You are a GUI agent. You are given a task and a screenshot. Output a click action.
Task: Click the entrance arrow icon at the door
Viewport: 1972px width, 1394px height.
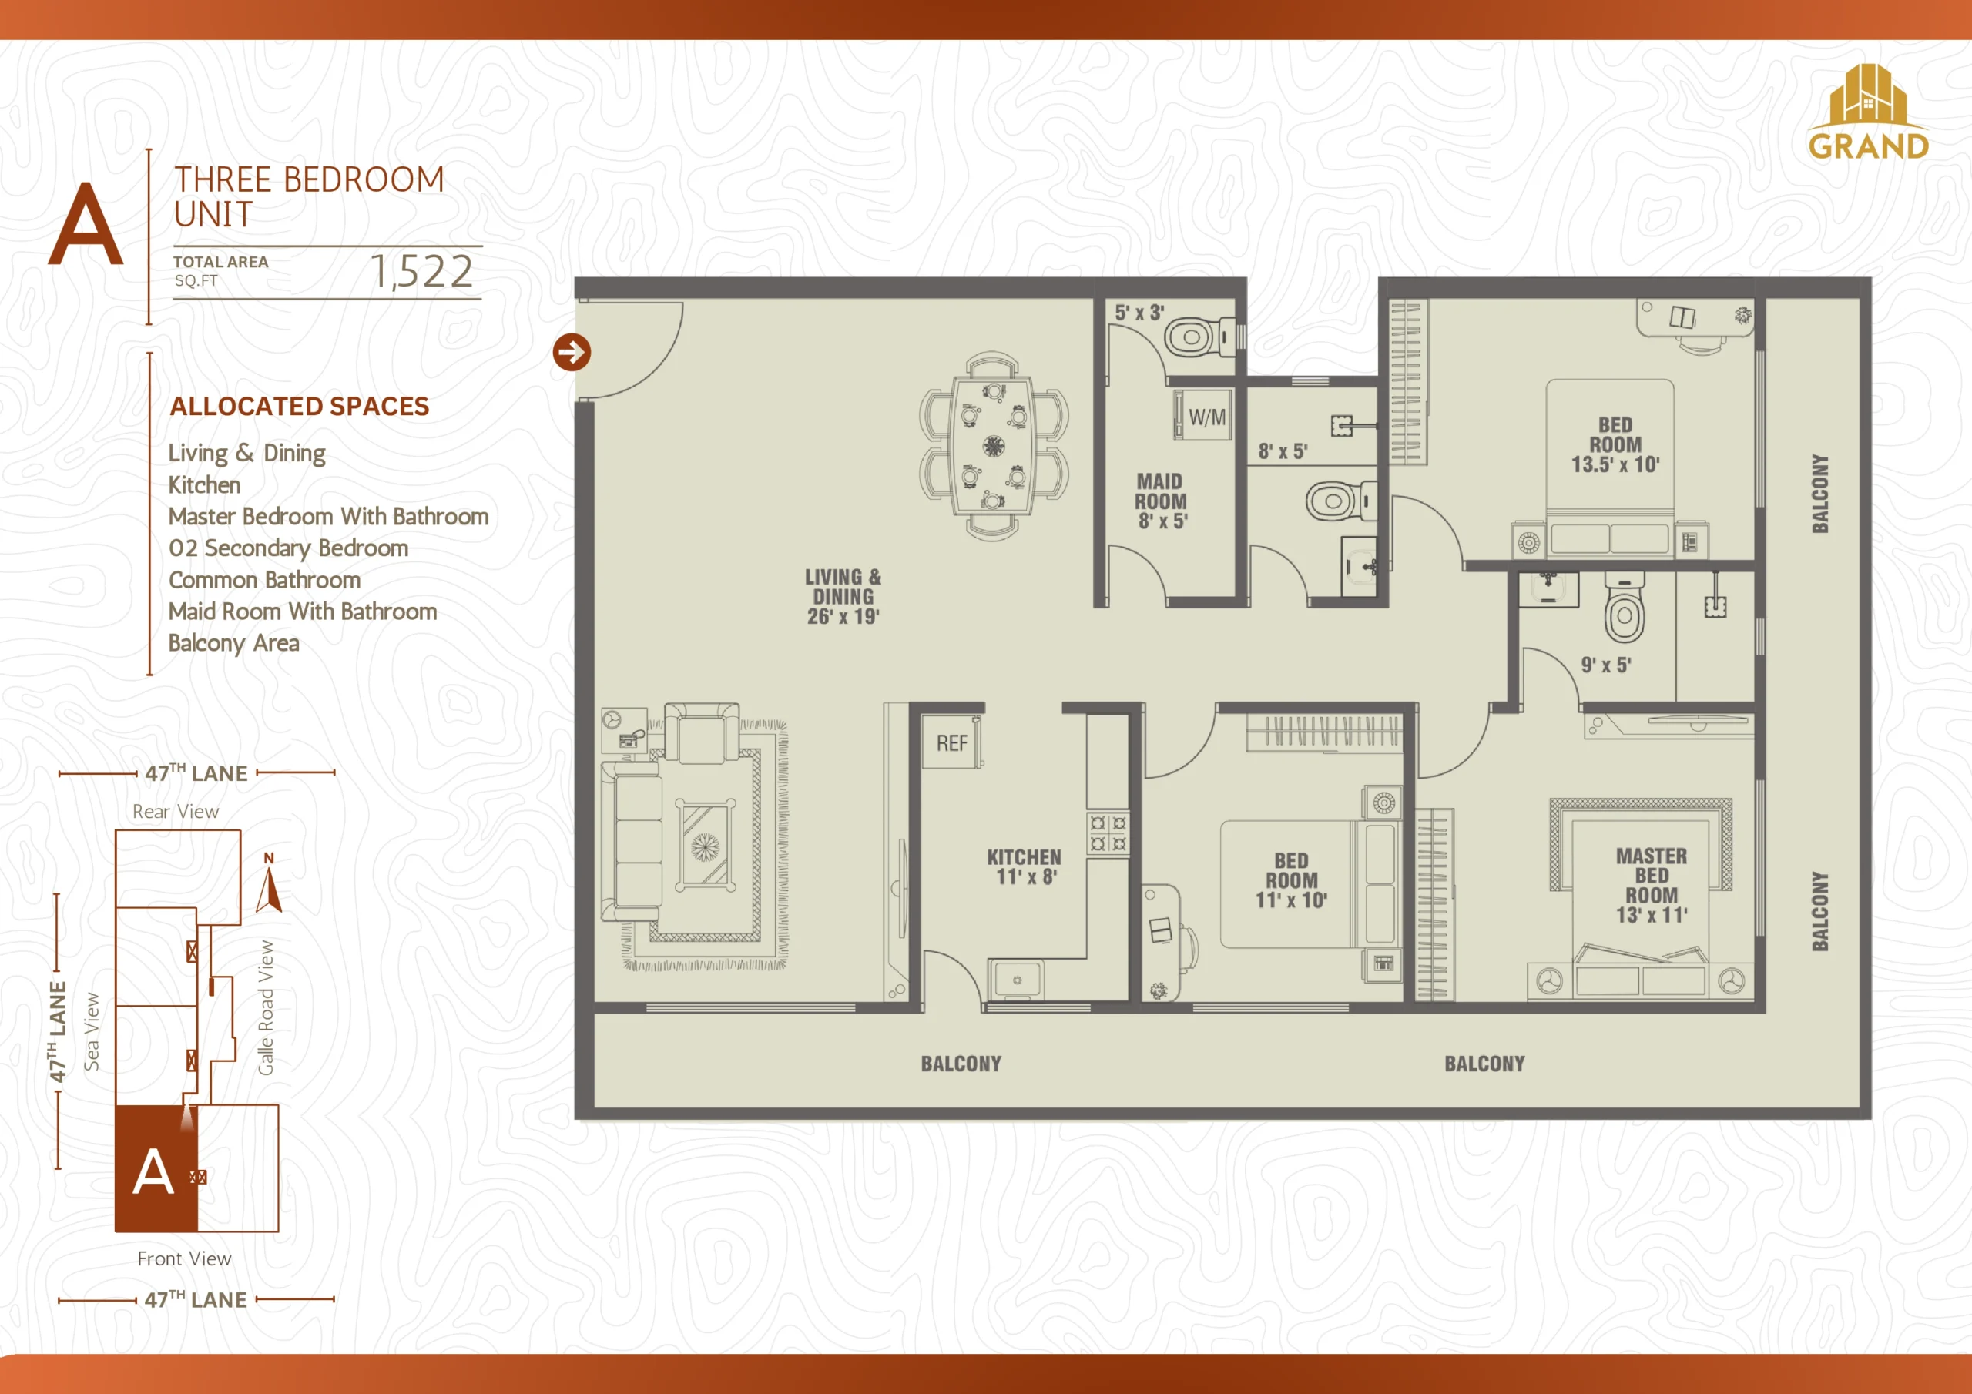(x=571, y=352)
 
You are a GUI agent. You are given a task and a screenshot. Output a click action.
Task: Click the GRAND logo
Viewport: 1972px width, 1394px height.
(x=1868, y=112)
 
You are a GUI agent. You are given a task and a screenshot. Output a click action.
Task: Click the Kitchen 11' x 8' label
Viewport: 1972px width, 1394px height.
(x=1024, y=866)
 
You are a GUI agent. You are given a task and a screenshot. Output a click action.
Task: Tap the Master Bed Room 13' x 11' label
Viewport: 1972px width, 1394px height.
(x=1651, y=885)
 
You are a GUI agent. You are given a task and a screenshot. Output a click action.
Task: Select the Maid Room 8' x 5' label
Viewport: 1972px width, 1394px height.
(x=1160, y=501)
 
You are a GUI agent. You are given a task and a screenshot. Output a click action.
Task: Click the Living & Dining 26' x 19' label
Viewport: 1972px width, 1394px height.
(x=843, y=596)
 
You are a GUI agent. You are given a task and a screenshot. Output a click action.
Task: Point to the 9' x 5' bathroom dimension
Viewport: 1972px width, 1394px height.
(x=1605, y=665)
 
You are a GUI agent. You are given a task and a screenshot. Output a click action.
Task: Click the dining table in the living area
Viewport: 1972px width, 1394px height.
(x=994, y=446)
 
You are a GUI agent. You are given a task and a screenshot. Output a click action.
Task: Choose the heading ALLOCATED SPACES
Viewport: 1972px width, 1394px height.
(x=299, y=406)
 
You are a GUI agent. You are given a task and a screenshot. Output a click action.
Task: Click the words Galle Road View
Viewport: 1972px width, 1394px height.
(x=267, y=1007)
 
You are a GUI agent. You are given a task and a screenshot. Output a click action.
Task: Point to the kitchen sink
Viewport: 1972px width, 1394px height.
(x=1016, y=979)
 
